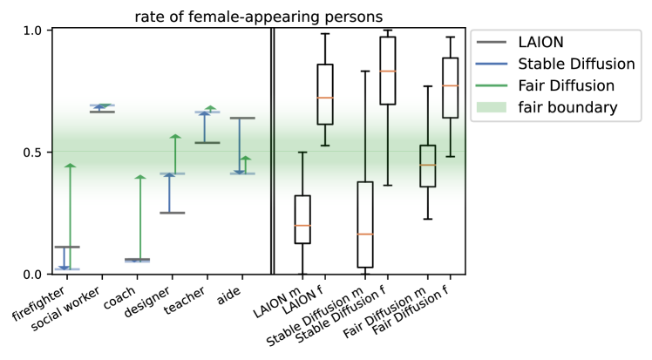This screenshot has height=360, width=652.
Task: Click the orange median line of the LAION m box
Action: click(302, 226)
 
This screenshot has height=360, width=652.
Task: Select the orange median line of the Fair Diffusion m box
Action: click(427, 165)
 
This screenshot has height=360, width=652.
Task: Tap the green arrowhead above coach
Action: click(139, 178)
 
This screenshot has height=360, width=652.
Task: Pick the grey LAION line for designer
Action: click(172, 213)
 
